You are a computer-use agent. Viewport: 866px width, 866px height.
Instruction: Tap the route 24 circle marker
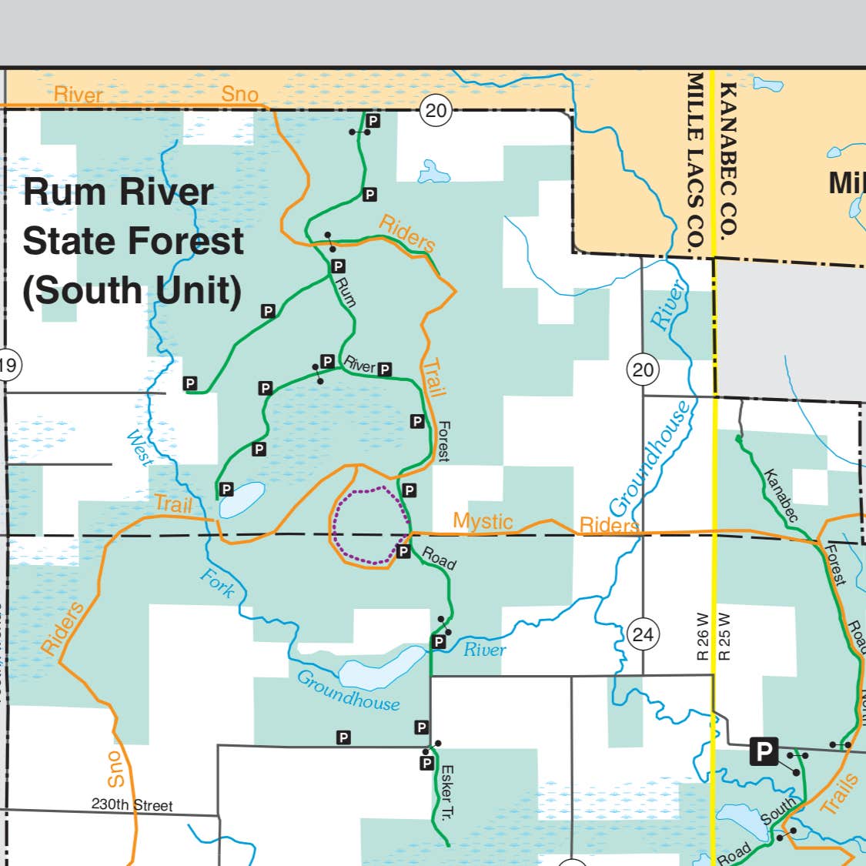(x=643, y=634)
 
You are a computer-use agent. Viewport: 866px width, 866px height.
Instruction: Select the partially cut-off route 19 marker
(x=8, y=364)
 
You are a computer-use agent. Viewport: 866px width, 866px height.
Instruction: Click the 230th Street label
(x=132, y=805)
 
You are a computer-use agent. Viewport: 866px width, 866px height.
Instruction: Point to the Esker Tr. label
(x=446, y=793)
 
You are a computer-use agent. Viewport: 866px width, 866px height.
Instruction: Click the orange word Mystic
(x=483, y=521)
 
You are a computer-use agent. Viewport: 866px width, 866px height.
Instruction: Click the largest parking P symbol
(x=764, y=751)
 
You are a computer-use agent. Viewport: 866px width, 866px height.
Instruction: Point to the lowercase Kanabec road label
(x=781, y=495)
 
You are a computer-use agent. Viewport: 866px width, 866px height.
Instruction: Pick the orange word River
(x=79, y=95)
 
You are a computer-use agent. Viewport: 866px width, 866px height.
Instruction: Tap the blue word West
(x=139, y=447)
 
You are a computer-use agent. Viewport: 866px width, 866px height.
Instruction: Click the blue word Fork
(x=217, y=583)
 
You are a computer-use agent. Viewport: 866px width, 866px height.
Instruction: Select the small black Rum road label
(x=346, y=292)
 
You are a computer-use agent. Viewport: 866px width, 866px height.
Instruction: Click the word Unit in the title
(x=199, y=290)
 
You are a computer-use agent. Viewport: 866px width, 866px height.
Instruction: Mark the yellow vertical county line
(x=714, y=462)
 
